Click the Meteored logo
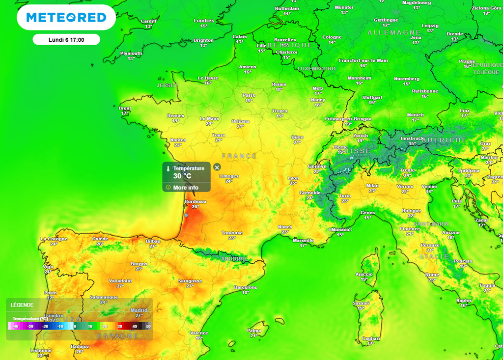66,18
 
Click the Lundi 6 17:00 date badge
66,40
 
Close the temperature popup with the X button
217,167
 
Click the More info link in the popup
186,188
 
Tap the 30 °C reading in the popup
182,176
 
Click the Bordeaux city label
196,201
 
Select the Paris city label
249,95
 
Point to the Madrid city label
139,310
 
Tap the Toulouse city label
232,233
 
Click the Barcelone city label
246,287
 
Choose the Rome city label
432,275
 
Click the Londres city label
204,21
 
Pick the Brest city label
125,108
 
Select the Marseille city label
303,240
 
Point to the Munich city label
416,115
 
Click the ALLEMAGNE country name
391,32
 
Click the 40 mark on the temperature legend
134,326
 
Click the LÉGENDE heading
22,305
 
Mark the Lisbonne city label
41,350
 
